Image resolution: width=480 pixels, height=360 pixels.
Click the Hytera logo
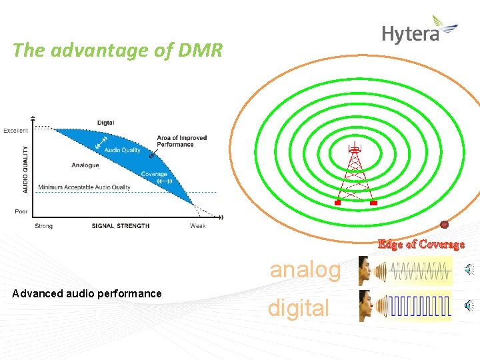tap(419, 31)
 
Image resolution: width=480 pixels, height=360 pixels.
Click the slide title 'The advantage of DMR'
tap(117, 50)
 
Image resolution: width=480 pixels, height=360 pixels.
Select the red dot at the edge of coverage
tap(444, 225)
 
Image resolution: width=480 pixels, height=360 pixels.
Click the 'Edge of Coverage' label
tap(421, 244)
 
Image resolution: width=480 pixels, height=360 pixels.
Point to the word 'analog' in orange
tap(305, 270)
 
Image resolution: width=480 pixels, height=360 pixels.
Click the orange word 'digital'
tap(298, 308)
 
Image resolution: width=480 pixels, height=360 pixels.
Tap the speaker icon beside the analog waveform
tap(469, 270)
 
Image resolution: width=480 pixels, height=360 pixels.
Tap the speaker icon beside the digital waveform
tap(469, 306)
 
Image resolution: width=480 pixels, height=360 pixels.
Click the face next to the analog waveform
tap(366, 271)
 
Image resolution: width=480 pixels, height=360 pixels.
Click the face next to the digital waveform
tap(366, 305)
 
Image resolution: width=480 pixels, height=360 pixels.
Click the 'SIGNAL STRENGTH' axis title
tap(121, 226)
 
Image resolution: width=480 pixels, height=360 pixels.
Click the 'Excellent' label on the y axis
tap(16, 131)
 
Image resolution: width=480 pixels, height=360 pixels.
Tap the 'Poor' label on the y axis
tap(21, 211)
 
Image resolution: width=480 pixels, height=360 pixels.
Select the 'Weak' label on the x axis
tap(197, 226)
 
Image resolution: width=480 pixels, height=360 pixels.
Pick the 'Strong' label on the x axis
tap(43, 226)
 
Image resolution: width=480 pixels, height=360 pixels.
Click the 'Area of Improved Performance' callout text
tap(181, 141)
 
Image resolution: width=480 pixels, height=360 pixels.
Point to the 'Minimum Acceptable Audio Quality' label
tap(85, 187)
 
